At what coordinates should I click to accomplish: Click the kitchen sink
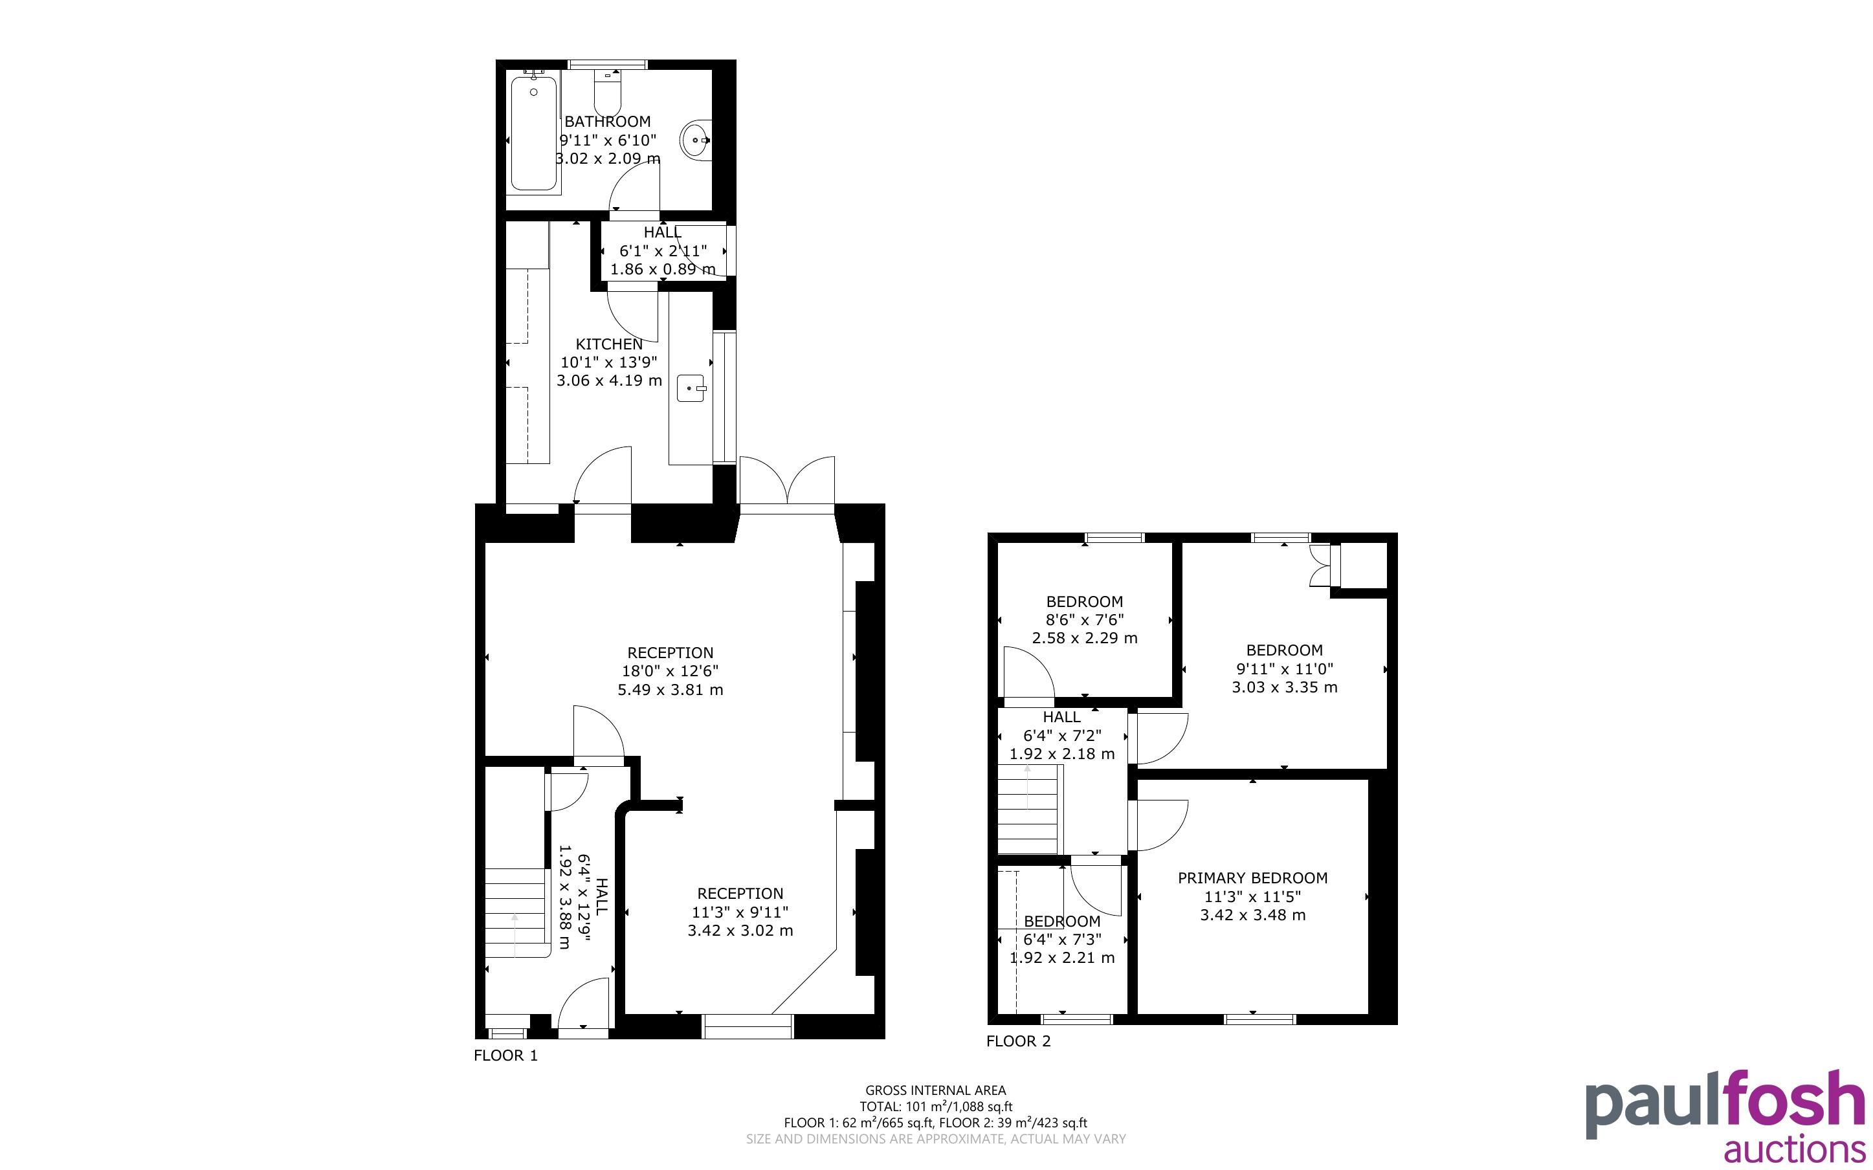(x=691, y=388)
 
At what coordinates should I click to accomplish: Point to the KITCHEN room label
(x=609, y=344)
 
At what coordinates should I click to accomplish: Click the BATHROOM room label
(x=607, y=122)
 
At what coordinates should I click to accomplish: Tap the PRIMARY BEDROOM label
(x=1252, y=878)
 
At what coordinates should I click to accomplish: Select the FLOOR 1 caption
(x=505, y=1055)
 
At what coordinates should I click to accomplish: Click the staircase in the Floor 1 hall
(x=515, y=912)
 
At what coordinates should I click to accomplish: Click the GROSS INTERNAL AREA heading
(x=935, y=1090)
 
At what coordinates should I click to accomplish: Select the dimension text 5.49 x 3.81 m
(x=670, y=689)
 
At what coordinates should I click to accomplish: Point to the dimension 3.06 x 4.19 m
(x=609, y=381)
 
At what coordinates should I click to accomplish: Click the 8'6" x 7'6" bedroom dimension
(x=1085, y=620)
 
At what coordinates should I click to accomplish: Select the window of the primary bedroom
(x=1259, y=1019)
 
